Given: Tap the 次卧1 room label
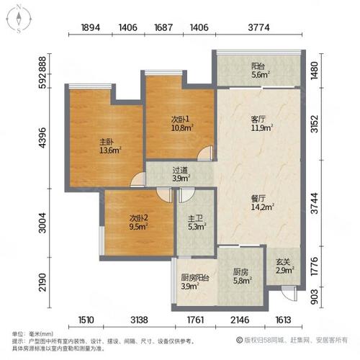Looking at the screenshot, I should tap(180, 120).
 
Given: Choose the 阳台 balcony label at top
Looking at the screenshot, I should tap(259, 64).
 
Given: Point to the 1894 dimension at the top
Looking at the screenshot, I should tap(90, 29).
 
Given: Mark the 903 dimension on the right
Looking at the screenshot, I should tap(333, 297).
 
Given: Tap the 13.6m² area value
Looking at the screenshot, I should tap(109, 150).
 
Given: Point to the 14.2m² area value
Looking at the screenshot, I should tap(258, 210).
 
